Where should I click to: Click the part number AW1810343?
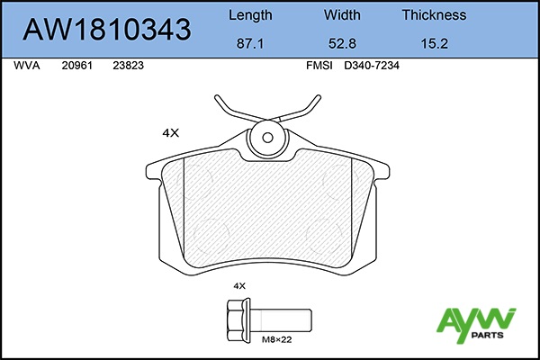pyautogui.click(x=107, y=30)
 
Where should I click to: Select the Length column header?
pyautogui.click(x=250, y=15)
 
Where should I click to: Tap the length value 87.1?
pyautogui.click(x=250, y=44)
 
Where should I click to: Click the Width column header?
pyautogui.click(x=342, y=14)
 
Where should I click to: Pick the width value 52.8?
pyautogui.click(x=342, y=44)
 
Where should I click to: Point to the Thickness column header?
pyautogui.click(x=435, y=14)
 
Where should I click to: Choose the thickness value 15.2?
pyautogui.click(x=435, y=44)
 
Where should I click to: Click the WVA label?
pyautogui.click(x=26, y=66)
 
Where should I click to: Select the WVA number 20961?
pyautogui.click(x=77, y=66)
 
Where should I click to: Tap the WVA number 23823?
pyautogui.click(x=128, y=66)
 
